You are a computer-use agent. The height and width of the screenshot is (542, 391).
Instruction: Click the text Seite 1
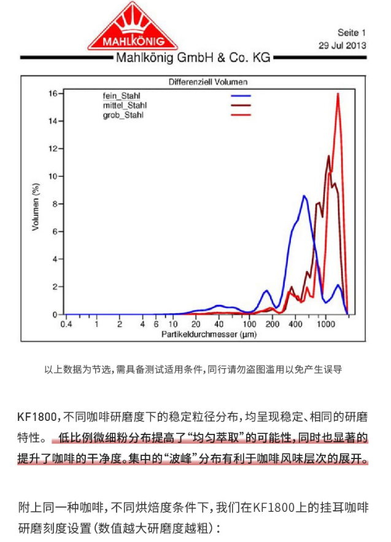coord(351,32)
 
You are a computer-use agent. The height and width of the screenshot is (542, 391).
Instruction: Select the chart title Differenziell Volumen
coord(207,82)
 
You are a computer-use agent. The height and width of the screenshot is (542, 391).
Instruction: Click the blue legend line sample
coord(241,96)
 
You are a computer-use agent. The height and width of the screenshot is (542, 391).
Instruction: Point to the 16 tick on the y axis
coord(53,93)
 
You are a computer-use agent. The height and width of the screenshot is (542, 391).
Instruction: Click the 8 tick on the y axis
coord(55,204)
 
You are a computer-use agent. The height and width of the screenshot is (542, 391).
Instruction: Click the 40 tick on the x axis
coord(219,324)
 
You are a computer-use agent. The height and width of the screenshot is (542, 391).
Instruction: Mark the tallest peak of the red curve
coord(338,94)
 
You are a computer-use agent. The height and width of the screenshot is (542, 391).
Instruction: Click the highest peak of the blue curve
coord(304,196)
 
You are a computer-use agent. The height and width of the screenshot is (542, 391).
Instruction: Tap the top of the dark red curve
coord(329,156)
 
